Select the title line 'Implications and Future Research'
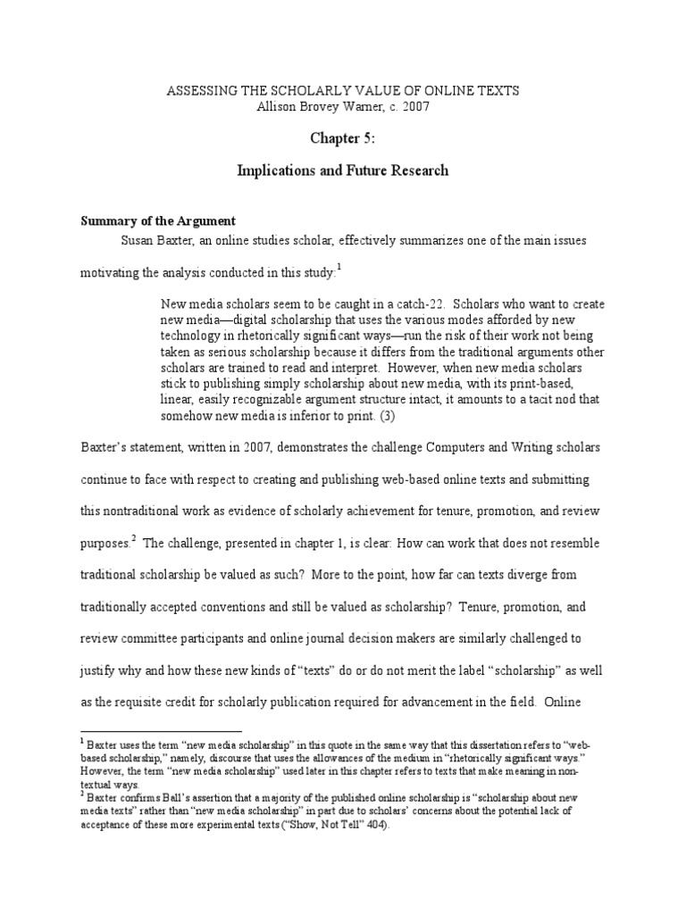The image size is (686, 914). tap(344, 170)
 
